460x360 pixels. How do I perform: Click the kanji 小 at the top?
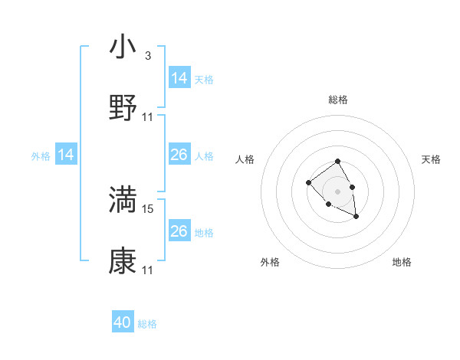coord(123,47)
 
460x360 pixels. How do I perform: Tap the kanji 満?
coord(123,199)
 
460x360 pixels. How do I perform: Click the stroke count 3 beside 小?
coord(148,56)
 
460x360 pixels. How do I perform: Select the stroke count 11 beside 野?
coord(148,117)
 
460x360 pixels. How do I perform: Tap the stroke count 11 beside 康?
coord(148,270)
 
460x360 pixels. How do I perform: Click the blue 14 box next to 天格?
coord(179,78)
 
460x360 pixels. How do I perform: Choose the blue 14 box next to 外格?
coord(66,155)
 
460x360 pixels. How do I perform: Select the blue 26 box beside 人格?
coord(179,155)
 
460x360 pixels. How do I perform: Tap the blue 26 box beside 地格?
coord(179,231)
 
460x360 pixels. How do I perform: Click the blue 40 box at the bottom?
coord(123,323)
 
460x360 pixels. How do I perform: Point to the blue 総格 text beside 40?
coord(147,324)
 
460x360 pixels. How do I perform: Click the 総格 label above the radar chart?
coord(338,100)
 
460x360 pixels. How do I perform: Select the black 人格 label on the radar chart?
coord(245,159)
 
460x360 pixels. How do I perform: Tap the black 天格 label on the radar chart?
coord(431,159)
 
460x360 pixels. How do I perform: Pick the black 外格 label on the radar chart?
coord(270,262)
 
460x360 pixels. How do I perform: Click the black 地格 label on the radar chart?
coord(402,262)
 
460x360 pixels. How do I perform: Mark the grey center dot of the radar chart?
coord(338,190)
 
